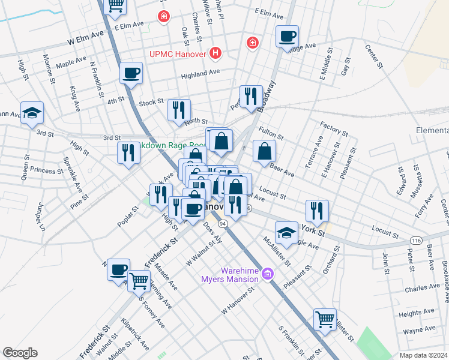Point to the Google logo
20,353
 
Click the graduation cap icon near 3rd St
32,112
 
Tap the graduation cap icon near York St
286,232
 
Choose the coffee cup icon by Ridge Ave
288,36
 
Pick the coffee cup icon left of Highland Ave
131,73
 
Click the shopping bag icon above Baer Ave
264,151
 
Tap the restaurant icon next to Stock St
179,110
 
